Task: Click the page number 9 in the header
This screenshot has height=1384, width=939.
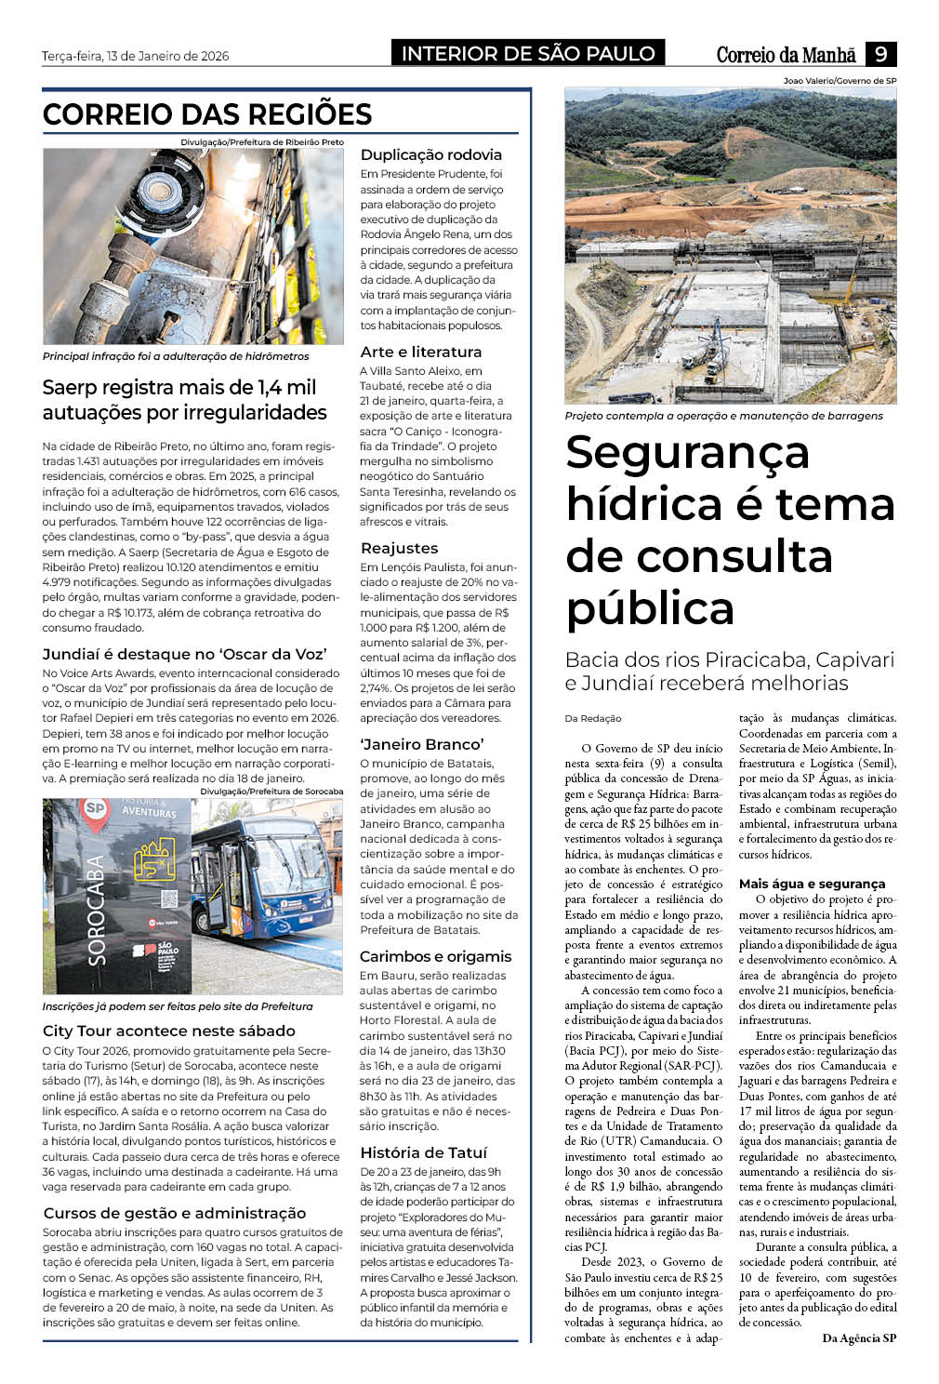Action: (x=879, y=54)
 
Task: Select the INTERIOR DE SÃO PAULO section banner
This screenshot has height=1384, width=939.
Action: (x=527, y=54)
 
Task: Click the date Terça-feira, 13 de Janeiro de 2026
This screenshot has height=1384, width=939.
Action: (x=135, y=56)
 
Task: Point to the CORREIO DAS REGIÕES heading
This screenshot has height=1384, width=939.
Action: (x=207, y=114)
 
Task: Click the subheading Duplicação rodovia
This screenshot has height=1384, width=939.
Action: (x=430, y=155)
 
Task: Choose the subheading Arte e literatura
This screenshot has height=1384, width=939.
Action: (x=420, y=353)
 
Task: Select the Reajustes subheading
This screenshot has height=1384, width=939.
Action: (x=399, y=549)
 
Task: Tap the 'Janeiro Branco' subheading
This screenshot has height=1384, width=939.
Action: (x=422, y=745)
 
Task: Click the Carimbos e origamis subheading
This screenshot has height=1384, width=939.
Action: (x=435, y=957)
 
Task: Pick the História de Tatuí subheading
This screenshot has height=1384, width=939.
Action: (x=423, y=1153)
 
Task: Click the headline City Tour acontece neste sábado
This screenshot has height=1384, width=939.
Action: (x=168, y=1031)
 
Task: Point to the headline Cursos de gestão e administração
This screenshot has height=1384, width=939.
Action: (x=174, y=1214)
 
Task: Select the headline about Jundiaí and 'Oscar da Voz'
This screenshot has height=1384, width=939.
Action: (x=184, y=654)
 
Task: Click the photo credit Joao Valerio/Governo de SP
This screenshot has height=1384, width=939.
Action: (x=840, y=81)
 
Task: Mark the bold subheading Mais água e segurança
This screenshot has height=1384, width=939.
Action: (x=812, y=885)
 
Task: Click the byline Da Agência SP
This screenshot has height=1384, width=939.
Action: (x=859, y=1338)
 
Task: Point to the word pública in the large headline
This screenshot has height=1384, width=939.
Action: (x=650, y=608)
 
